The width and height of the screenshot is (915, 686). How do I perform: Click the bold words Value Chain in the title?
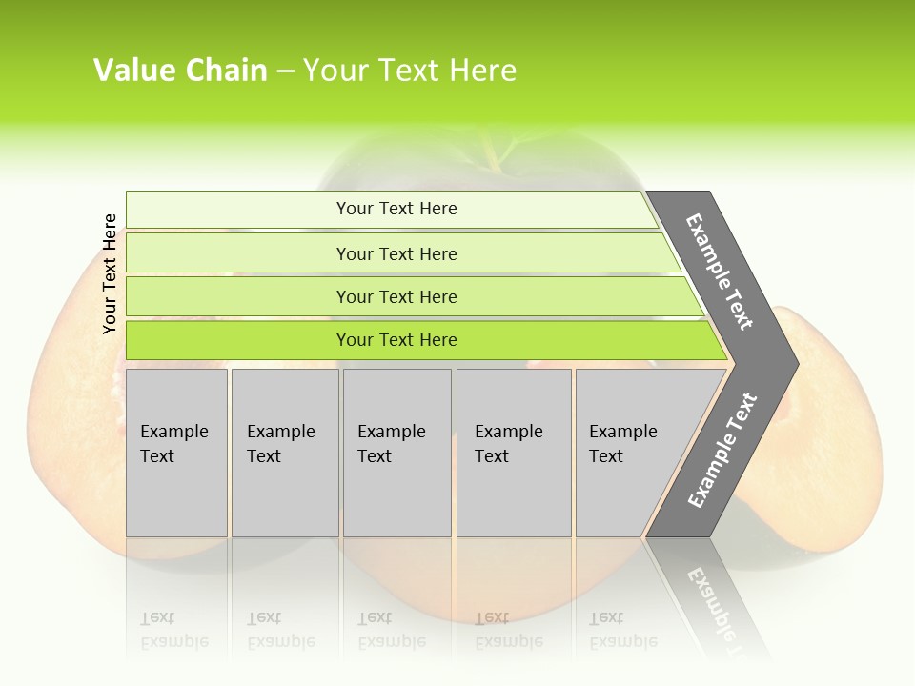click(180, 71)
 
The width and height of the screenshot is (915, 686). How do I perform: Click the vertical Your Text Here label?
click(110, 274)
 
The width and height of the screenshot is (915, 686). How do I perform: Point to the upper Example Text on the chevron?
click(720, 272)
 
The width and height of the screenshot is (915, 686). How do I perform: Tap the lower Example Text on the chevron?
click(722, 451)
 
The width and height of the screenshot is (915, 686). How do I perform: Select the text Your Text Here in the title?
click(410, 71)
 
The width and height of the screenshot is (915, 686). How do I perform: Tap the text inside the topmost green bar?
click(396, 209)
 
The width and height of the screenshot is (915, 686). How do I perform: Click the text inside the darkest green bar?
click(396, 340)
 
